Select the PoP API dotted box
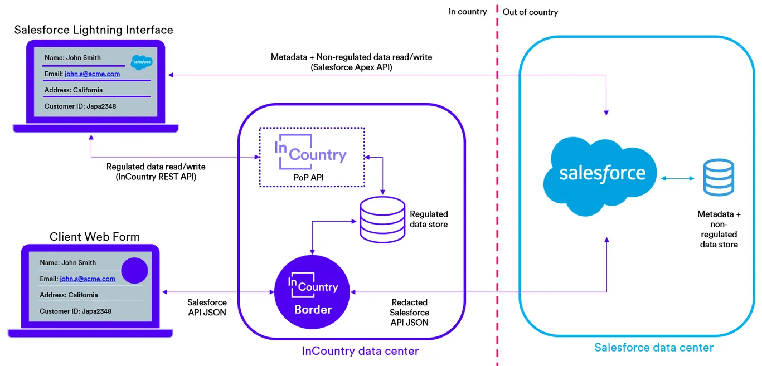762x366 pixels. [312, 158]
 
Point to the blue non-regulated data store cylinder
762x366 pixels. [719, 178]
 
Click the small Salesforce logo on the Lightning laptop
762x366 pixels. [142, 62]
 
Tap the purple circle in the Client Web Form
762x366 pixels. [134, 271]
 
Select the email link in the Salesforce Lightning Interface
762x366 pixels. [92, 74]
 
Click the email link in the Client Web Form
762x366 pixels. [88, 279]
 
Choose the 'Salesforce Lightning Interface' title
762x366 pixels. [94, 30]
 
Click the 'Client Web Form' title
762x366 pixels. [94, 237]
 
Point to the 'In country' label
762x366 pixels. [468, 12]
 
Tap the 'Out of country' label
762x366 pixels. [530, 12]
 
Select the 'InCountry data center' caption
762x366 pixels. [360, 351]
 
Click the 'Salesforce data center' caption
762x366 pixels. [654, 348]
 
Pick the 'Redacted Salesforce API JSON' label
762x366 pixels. [409, 312]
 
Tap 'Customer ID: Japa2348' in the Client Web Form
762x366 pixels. [75, 311]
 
